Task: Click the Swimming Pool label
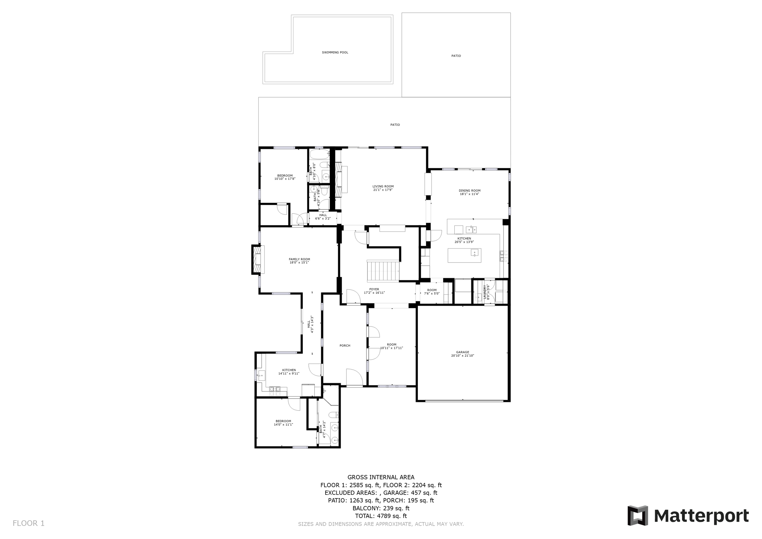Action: click(x=335, y=52)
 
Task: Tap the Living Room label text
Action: click(x=383, y=186)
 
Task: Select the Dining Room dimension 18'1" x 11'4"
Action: click(x=469, y=194)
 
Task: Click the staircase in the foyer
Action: click(x=383, y=271)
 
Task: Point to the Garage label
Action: click(x=462, y=352)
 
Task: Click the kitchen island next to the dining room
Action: click(x=464, y=255)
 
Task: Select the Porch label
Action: click(x=345, y=346)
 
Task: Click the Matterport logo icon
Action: click(x=638, y=516)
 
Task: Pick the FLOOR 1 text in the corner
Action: click(x=29, y=523)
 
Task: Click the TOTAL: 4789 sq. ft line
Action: click(x=381, y=516)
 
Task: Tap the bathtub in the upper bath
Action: click(x=319, y=154)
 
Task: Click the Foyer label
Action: click(x=374, y=289)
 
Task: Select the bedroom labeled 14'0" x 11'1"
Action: click(x=283, y=423)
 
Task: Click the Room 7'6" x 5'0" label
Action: click(x=432, y=292)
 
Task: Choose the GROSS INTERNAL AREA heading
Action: click(x=381, y=477)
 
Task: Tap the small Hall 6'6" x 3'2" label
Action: click(x=323, y=217)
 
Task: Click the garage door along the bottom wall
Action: click(x=463, y=401)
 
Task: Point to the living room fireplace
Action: click(x=339, y=179)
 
